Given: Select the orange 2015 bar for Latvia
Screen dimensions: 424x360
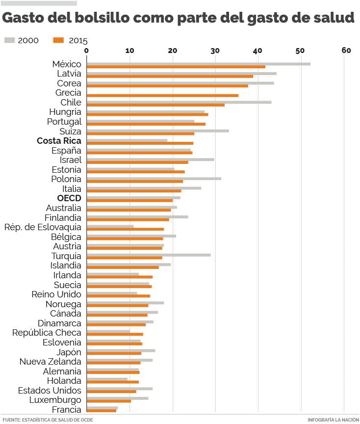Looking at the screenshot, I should tap(170, 76).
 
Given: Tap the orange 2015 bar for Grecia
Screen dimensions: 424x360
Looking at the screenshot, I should tap(162, 95).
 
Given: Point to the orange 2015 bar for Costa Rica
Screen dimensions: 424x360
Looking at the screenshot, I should tap(140, 143).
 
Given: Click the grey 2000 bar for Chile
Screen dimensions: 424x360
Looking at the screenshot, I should tap(179, 102).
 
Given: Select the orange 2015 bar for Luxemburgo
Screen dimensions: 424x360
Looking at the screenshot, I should tap(108, 401).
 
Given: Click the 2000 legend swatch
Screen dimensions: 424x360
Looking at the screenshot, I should tap(10, 40).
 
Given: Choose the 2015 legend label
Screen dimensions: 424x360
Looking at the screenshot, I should tap(78, 41).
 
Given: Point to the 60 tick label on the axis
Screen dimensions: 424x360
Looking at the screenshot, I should tap(346, 50).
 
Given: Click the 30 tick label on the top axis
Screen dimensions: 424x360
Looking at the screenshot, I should tap(215, 50).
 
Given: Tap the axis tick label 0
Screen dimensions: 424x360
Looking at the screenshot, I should tap(87, 50).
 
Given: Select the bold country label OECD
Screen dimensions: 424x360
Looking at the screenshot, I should tap(69, 199).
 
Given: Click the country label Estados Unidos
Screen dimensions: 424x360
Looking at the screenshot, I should tap(50, 391).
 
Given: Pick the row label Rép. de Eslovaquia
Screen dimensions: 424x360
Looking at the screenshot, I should tap(43, 227).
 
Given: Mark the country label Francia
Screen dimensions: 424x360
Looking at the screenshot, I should tap(66, 410).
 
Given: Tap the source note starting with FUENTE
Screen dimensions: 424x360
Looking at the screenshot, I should tap(48, 420).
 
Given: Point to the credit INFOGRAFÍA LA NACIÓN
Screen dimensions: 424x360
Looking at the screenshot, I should tap(333, 420).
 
